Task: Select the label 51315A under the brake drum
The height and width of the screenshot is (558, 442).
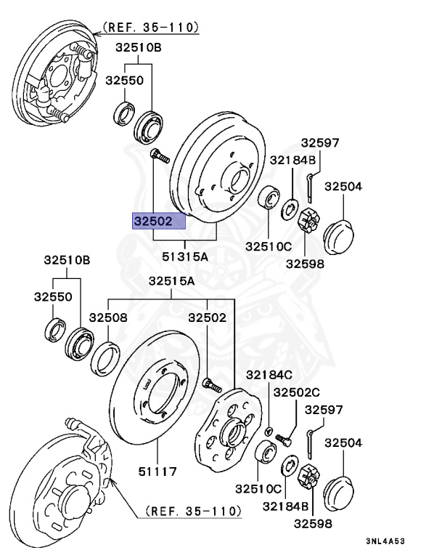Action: (184, 256)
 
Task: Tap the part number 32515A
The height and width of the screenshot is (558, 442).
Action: (172, 281)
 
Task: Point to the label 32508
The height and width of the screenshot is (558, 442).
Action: (108, 318)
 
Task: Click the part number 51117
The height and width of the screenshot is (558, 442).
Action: (157, 472)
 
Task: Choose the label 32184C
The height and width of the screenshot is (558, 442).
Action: (268, 375)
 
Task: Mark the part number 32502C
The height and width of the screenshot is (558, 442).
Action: (296, 392)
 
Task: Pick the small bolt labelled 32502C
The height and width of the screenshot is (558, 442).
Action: (284, 438)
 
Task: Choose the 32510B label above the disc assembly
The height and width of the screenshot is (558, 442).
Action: (66, 260)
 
